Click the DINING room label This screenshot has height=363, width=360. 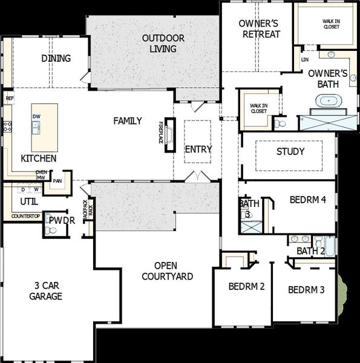coord(56,59)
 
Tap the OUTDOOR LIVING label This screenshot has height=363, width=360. coord(163,44)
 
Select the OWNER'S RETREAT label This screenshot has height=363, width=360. coord(260,28)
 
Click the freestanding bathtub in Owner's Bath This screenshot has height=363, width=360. coord(327,102)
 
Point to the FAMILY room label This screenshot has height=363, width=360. coord(128,121)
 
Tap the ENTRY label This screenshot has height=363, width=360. coord(198,149)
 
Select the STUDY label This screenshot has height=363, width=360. coord(290,151)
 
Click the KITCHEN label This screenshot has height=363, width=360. coord(39,159)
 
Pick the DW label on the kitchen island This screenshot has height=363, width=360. coord(36,117)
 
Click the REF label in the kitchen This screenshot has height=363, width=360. coord(9,97)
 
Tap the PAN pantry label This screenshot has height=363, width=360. coord(57,180)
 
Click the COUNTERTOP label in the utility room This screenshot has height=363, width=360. coord(25,216)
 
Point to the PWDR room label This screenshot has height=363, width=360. coord(62,221)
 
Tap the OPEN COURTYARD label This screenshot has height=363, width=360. coord(168,271)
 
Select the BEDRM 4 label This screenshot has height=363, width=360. coord(308,199)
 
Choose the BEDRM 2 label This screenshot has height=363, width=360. coord(246,287)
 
